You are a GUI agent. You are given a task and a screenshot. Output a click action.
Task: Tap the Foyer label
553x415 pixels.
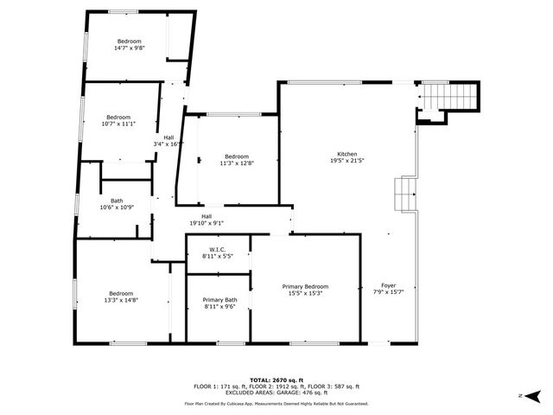tap(389, 285)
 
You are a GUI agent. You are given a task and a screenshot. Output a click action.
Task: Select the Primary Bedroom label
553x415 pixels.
tap(305, 286)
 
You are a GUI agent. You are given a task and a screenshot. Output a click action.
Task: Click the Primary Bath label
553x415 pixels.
tap(219, 299)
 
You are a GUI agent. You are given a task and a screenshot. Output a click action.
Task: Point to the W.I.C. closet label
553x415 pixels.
tap(218, 250)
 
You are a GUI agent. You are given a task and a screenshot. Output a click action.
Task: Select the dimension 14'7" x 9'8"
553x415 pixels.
tap(130, 48)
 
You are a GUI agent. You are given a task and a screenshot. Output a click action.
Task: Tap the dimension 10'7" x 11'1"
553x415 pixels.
tap(118, 124)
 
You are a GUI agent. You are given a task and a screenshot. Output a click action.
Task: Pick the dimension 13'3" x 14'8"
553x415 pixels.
tap(120, 299)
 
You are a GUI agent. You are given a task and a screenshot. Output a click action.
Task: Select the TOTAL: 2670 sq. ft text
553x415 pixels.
tap(276, 380)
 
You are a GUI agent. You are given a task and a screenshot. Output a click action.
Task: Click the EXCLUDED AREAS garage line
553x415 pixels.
tap(276, 393)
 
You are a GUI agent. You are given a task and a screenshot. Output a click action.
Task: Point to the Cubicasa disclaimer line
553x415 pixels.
tap(276, 403)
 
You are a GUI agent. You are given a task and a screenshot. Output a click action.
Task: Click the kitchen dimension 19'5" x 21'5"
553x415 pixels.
tap(347, 161)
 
